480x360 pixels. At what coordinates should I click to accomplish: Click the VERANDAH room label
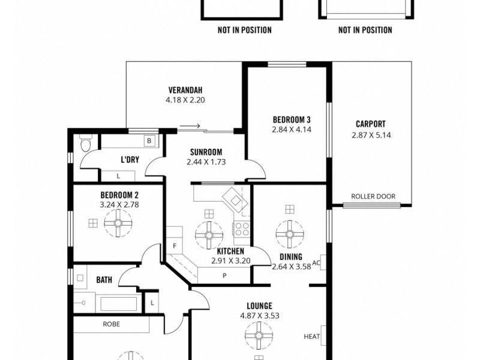click(x=185, y=91)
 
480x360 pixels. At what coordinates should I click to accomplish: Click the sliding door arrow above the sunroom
click(x=192, y=126)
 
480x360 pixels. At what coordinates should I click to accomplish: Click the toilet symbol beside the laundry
click(x=86, y=145)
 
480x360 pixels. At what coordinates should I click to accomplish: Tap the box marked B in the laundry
click(x=149, y=141)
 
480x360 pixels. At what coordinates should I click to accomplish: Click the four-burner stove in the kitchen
click(x=241, y=229)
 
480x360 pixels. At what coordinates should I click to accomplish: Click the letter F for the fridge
click(x=175, y=247)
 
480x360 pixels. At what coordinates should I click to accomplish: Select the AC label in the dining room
click(x=317, y=263)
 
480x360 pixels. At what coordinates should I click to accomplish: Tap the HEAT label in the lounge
click(x=311, y=337)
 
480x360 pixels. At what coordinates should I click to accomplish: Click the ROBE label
click(x=112, y=324)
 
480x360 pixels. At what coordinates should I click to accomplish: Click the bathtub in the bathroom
click(x=119, y=303)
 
